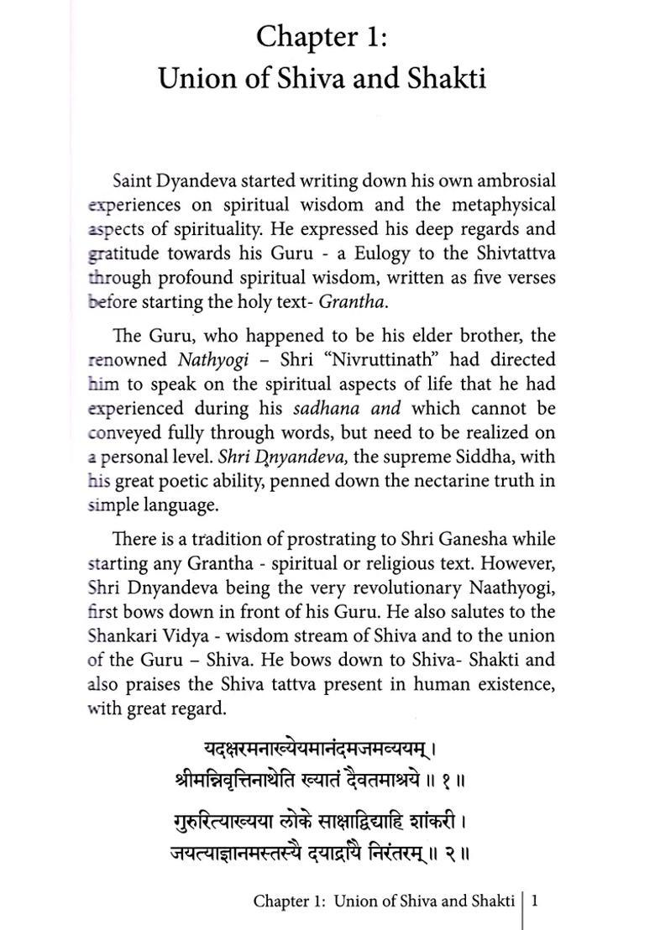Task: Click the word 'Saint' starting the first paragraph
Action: pyautogui.click(x=132, y=181)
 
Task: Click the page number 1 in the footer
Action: pyautogui.click(x=534, y=901)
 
